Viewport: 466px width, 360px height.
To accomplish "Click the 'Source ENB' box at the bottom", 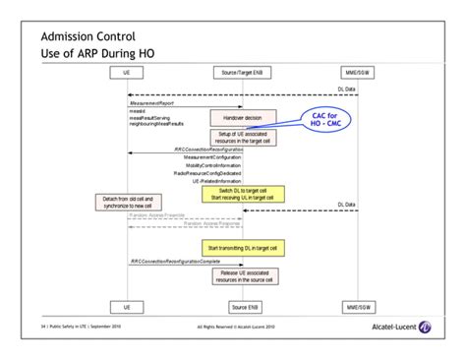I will click(242, 306).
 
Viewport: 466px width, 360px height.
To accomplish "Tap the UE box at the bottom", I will click(127, 306).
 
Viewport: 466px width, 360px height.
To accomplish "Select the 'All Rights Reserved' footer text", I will click(242, 327).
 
